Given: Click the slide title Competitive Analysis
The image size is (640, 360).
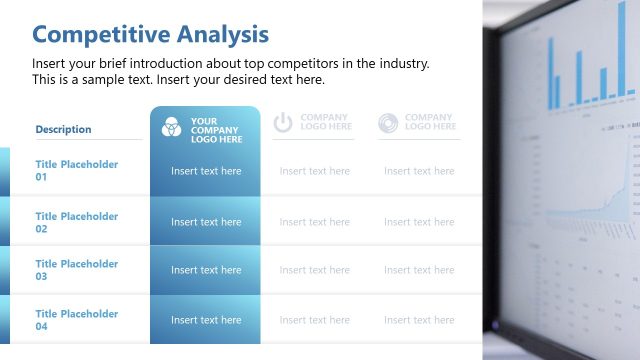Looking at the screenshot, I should click(x=150, y=34).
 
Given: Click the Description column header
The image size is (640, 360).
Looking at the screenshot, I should click(x=63, y=129).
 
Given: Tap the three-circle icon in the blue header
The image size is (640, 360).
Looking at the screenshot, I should click(x=171, y=126).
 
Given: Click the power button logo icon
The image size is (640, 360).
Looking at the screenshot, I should click(x=283, y=122).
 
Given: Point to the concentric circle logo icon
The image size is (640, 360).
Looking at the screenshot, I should click(x=388, y=122).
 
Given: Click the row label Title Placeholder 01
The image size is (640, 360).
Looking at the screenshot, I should click(x=77, y=170).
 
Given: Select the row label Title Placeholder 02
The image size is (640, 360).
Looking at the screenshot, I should click(x=77, y=222).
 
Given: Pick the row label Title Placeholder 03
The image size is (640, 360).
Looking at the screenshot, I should click(x=77, y=270).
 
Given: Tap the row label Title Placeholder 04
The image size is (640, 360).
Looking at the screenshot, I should click(x=77, y=320).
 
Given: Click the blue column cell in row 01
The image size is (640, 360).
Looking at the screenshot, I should click(x=206, y=171).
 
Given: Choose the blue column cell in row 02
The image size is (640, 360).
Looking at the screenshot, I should click(x=206, y=222).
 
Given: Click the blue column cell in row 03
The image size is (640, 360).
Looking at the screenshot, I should click(x=206, y=270).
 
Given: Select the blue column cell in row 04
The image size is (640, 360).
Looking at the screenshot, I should click(x=206, y=320).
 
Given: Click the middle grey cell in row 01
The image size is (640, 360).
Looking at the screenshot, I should click(x=315, y=171).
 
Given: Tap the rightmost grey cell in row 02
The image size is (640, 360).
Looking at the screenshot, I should click(x=419, y=222).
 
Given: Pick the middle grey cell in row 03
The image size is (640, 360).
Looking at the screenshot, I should click(x=315, y=270).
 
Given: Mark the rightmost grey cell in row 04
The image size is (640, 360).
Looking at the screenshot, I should click(x=419, y=320).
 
